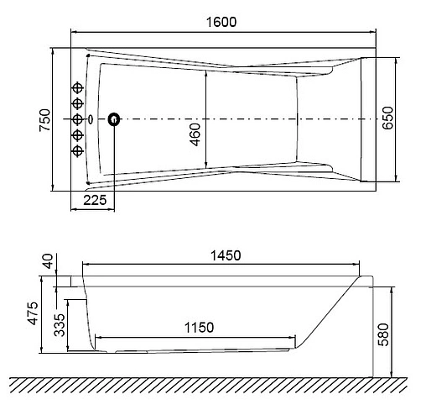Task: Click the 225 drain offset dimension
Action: click(x=95, y=202)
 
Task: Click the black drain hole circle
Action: click(x=113, y=119)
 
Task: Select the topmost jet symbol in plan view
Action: click(x=79, y=88)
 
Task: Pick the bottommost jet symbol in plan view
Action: click(x=79, y=150)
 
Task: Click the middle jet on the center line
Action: click(x=79, y=119)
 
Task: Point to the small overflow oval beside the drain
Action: click(x=90, y=119)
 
